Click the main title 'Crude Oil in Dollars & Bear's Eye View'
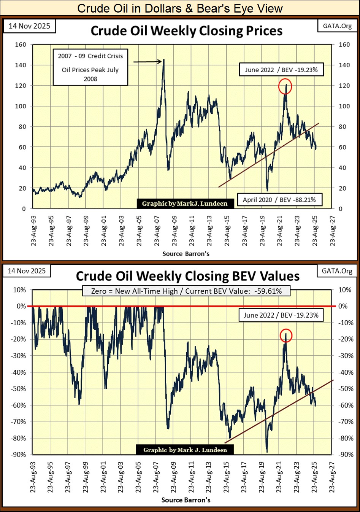180,8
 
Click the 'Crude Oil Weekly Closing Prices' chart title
186,31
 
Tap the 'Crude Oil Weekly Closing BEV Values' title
188,276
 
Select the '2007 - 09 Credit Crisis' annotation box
90,67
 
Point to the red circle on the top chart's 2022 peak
285,86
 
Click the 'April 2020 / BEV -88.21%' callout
279,199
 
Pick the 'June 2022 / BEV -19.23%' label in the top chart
281,70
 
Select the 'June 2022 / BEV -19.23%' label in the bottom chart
281,315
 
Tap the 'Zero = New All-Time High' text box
186,291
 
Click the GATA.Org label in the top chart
337,26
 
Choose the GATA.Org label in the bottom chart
337,271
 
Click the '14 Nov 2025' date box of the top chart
29,26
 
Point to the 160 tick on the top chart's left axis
21,45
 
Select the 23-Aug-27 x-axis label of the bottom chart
332,477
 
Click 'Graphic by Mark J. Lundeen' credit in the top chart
185,204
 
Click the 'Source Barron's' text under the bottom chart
186,500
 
